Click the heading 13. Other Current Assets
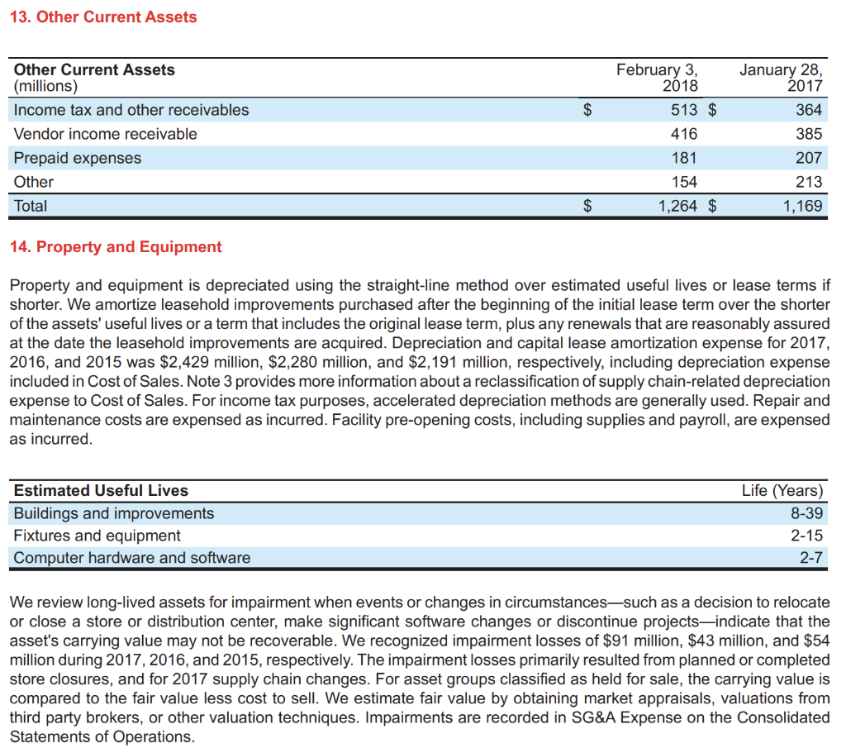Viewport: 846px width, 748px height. point(103,17)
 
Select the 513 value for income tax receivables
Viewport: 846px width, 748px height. point(684,110)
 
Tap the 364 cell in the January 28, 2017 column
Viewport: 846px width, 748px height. point(809,110)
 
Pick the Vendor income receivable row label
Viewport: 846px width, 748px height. point(106,134)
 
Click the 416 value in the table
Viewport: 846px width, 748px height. point(684,134)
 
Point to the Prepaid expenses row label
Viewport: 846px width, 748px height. point(78,158)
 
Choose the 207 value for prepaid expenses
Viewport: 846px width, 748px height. point(809,158)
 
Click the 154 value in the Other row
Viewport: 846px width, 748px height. point(684,182)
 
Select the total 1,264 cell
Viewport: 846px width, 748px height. point(677,206)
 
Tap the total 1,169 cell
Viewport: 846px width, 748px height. point(803,206)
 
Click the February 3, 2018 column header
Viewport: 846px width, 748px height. point(657,78)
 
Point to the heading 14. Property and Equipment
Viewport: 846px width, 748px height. point(116,247)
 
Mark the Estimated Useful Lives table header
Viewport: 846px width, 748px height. point(101,490)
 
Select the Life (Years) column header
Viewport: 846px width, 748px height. point(782,490)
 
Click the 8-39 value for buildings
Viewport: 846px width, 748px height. point(806,513)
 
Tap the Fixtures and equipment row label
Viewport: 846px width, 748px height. point(97,536)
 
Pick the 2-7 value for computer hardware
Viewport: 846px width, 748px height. point(811,558)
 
